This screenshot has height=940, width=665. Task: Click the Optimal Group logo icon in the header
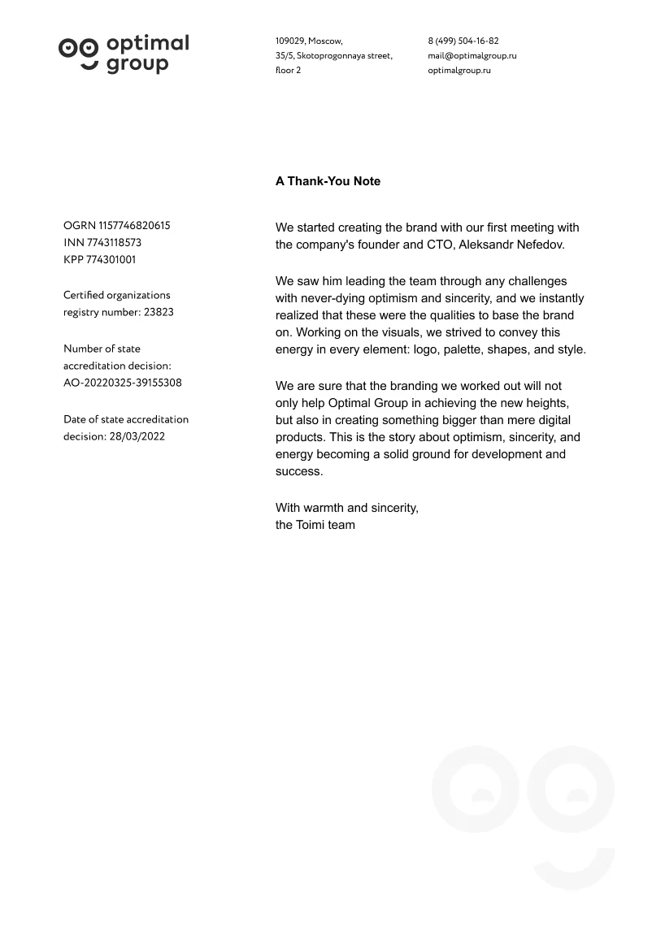pyautogui.click(x=79, y=53)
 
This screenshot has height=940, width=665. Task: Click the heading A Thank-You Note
pyautogui.click(x=328, y=181)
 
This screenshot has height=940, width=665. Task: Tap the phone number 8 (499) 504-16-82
pyautogui.click(x=463, y=41)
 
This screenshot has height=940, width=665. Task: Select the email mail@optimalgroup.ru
pyautogui.click(x=472, y=55)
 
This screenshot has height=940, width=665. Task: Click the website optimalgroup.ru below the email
pyautogui.click(x=459, y=70)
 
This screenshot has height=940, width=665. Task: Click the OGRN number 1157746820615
pyautogui.click(x=134, y=226)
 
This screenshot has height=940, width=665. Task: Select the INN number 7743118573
pyautogui.click(x=114, y=243)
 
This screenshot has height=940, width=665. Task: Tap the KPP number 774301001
pyautogui.click(x=111, y=260)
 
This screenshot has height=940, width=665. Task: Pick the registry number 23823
pyautogui.click(x=159, y=312)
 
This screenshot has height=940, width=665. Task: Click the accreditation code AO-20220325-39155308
pyautogui.click(x=123, y=383)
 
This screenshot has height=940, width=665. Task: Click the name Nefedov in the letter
pyautogui.click(x=539, y=245)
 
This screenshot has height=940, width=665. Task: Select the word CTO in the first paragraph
pyautogui.click(x=440, y=245)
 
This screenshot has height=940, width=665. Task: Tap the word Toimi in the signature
pyautogui.click(x=312, y=525)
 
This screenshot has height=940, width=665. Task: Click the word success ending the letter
pyautogui.click(x=299, y=471)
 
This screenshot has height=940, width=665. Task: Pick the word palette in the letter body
pyautogui.click(x=461, y=349)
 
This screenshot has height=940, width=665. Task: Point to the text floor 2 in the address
pyautogui.click(x=288, y=70)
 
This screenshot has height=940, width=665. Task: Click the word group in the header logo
pyautogui.click(x=137, y=65)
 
